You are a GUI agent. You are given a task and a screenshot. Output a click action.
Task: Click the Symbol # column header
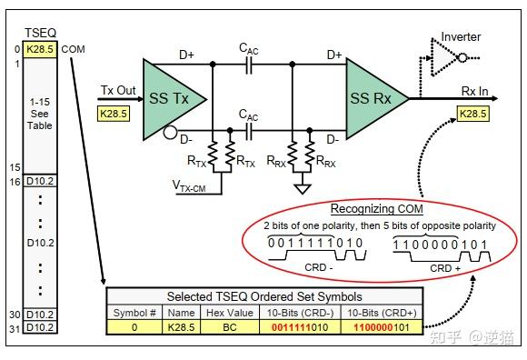[x=133, y=312]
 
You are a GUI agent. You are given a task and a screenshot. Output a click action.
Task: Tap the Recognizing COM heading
[x=376, y=209]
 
